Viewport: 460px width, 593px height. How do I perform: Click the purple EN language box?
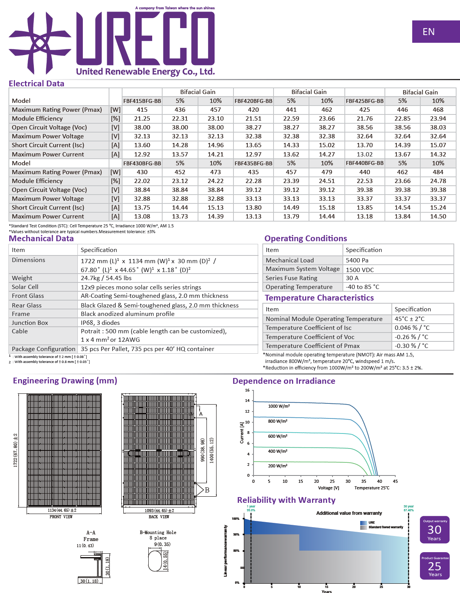436,32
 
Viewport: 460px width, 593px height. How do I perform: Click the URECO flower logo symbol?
40,43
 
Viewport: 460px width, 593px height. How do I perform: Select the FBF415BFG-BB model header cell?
142,101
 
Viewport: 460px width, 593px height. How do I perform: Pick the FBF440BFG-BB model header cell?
364,163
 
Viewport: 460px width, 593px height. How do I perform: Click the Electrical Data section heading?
37,84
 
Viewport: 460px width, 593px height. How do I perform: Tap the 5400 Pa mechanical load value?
357,260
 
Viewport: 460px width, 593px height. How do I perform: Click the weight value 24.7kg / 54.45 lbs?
106,278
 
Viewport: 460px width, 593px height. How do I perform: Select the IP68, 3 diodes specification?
100,323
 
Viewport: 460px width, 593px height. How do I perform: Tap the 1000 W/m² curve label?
279,406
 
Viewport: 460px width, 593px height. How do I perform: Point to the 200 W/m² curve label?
278,466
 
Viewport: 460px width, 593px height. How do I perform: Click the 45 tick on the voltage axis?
395,481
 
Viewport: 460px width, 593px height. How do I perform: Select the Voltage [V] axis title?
329,488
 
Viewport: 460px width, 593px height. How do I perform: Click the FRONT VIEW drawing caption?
61,517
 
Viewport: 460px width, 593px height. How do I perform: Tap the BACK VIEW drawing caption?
159,517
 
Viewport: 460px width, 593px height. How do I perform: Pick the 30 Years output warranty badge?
435,530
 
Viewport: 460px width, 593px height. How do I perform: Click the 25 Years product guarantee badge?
435,566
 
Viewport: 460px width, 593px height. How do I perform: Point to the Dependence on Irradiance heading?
284,381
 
